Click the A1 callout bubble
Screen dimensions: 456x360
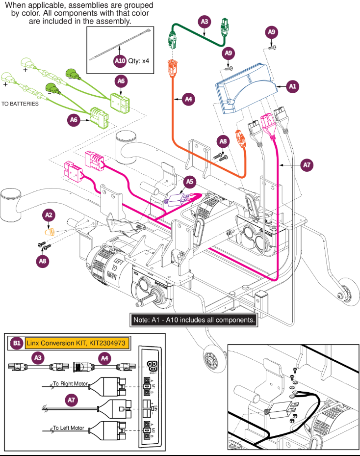(293, 86)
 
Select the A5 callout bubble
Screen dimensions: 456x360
(189, 182)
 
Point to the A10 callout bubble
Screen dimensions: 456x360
(120, 61)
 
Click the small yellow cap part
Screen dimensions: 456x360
(49, 231)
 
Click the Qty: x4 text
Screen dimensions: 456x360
(139, 62)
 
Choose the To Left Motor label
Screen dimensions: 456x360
(69, 428)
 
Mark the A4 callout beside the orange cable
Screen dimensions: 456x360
(188, 99)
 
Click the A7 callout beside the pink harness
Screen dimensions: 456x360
(306, 165)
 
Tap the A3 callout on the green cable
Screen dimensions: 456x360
(205, 22)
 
